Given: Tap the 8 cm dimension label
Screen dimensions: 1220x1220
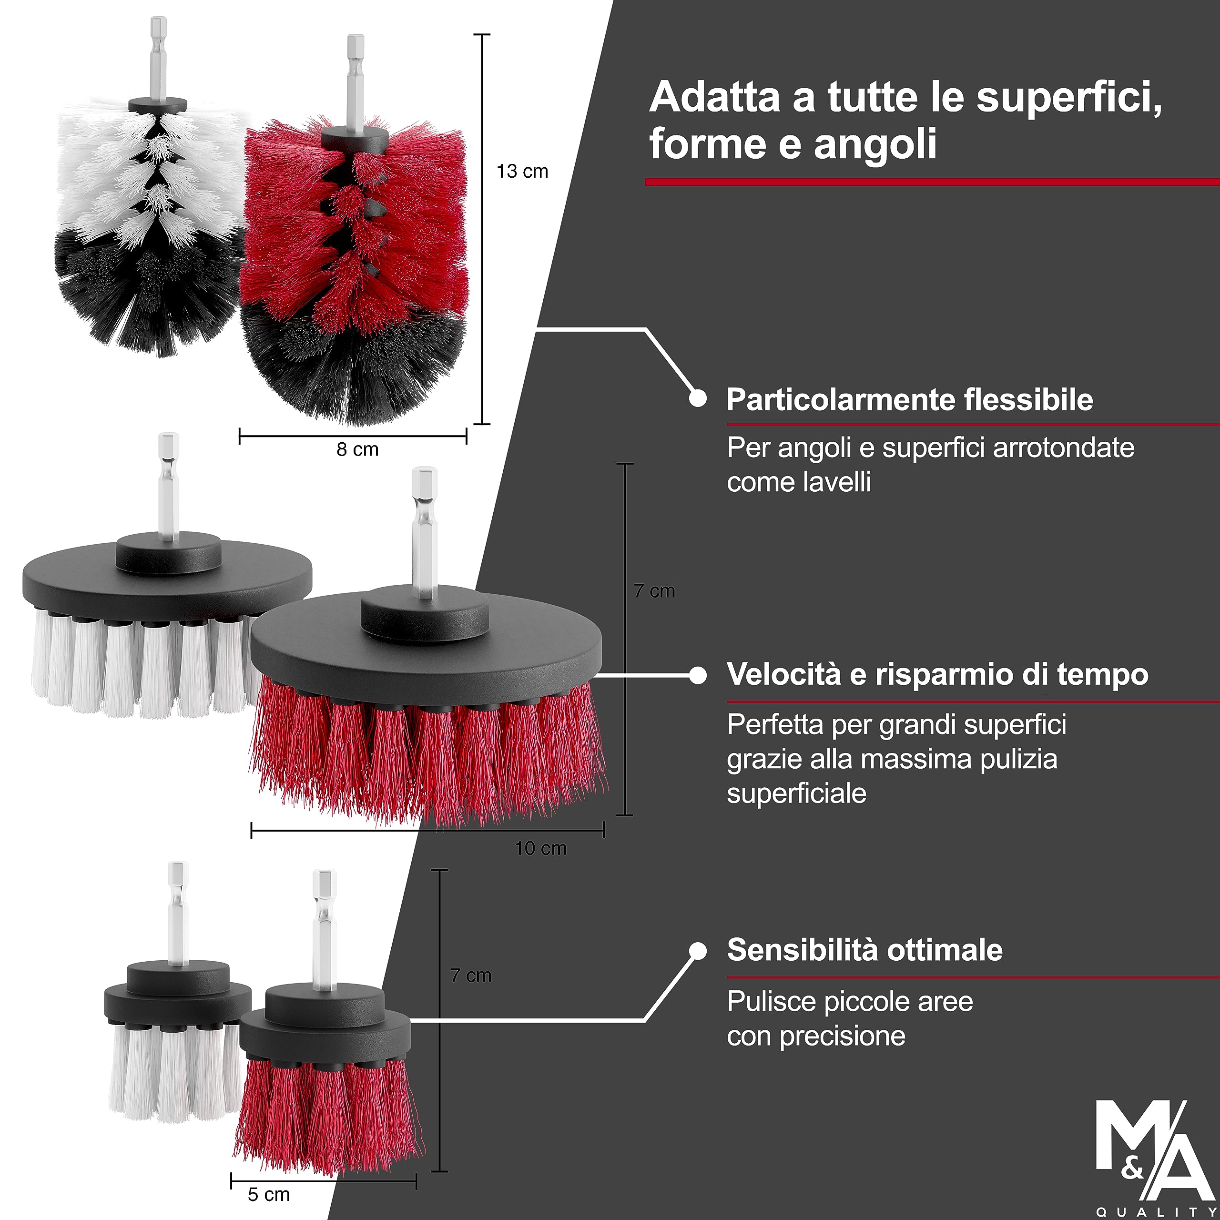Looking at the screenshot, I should [357, 449].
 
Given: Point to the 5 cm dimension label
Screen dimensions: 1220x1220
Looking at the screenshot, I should [268, 1194].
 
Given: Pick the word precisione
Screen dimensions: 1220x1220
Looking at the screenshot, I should [843, 1036].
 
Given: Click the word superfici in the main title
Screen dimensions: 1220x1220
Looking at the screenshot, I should [1068, 98].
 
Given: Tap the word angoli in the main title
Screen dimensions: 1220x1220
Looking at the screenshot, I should [874, 144].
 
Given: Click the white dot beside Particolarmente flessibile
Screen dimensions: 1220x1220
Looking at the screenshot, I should [698, 398].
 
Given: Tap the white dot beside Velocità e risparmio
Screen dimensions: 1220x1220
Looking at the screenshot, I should [698, 675].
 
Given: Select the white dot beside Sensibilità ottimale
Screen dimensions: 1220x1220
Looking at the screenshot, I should [698, 951].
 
